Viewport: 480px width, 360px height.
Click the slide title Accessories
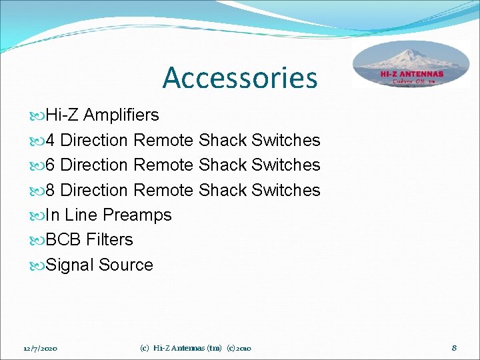point(240,77)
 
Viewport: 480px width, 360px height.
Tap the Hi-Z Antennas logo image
point(411,65)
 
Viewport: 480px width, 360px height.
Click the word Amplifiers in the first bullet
point(121,115)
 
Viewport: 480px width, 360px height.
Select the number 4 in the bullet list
point(51,141)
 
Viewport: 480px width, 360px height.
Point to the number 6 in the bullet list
point(51,165)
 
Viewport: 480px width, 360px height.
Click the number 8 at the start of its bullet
point(51,191)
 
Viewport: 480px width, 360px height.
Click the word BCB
point(63,240)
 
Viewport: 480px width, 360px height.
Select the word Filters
point(109,240)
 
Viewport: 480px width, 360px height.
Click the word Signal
point(70,265)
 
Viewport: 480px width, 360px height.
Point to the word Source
point(126,265)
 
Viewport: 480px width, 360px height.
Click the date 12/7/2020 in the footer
point(40,348)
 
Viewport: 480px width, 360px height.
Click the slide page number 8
point(453,347)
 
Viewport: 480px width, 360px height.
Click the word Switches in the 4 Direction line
point(286,141)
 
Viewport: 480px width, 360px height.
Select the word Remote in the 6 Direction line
point(163,165)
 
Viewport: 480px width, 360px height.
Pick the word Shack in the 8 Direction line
point(223,191)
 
